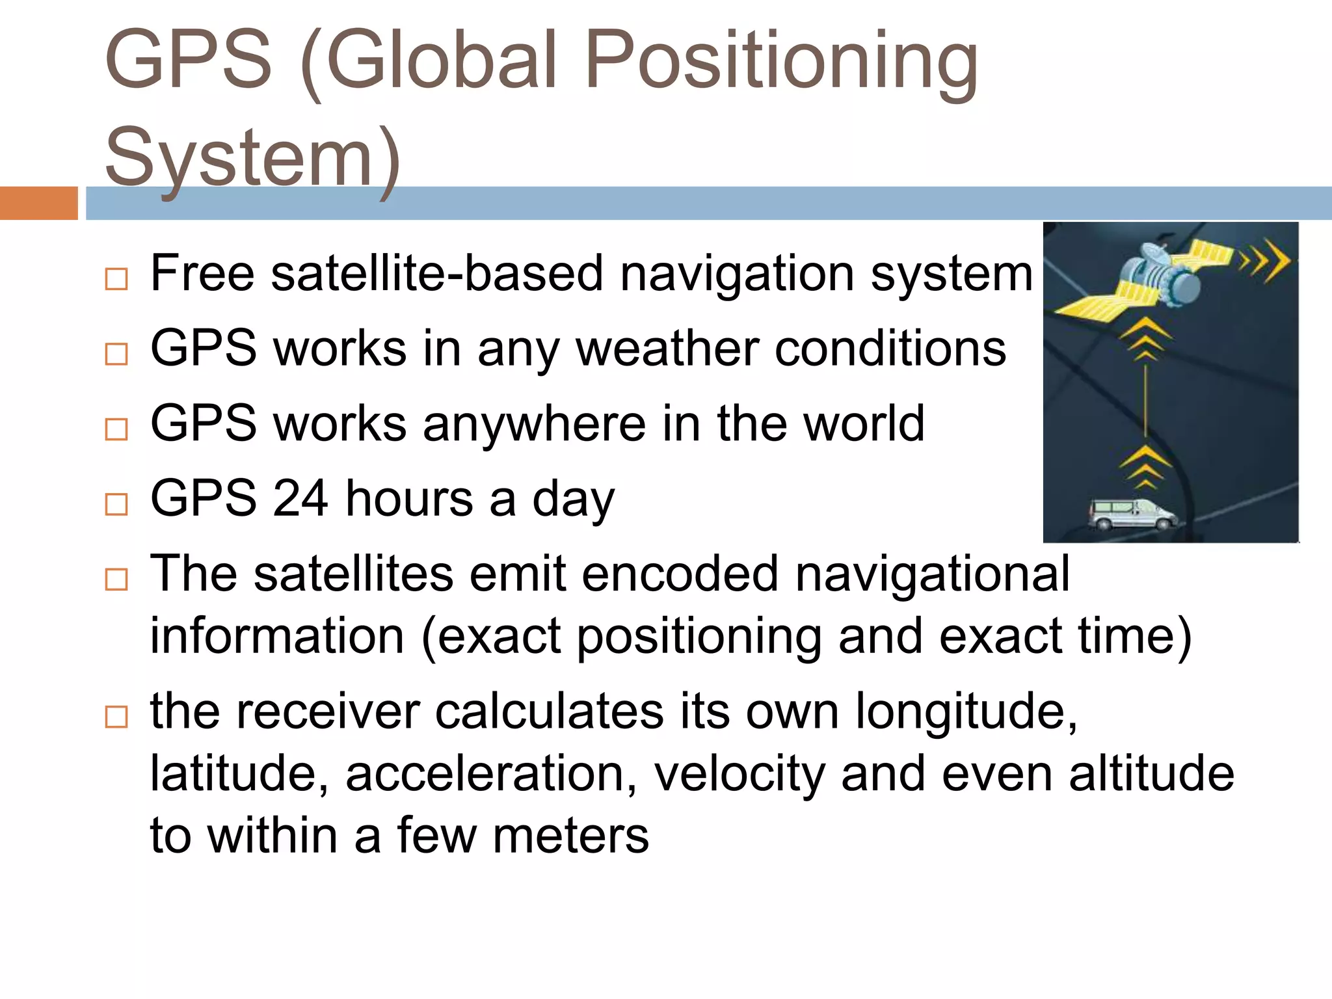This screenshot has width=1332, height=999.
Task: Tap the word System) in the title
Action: pyautogui.click(x=252, y=158)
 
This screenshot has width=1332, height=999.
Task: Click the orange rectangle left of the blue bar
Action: pyautogui.click(x=38, y=203)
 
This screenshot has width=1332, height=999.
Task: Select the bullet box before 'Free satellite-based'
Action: pyautogui.click(x=116, y=279)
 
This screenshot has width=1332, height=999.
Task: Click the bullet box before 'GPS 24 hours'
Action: pyautogui.click(x=116, y=504)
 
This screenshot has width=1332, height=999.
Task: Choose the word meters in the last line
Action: pyautogui.click(x=570, y=836)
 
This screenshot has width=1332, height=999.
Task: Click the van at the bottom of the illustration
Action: pyautogui.click(x=1132, y=514)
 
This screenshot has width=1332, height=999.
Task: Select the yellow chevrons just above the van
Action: pyautogui.click(x=1145, y=467)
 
